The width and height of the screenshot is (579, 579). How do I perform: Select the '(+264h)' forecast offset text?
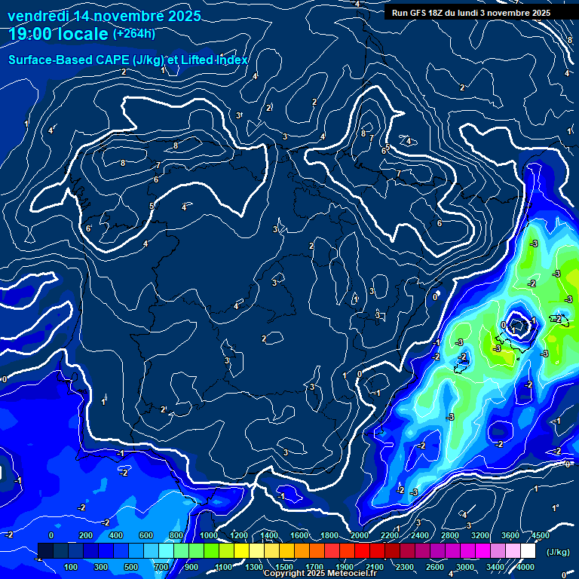(134, 33)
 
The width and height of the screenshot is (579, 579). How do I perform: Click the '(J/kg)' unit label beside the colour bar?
(558, 552)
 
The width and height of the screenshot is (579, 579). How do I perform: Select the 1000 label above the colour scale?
(209, 535)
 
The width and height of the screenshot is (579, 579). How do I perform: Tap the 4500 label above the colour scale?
(540, 535)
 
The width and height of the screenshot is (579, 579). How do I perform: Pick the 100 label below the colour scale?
(72, 567)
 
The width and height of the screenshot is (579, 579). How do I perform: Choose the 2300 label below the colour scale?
(405, 567)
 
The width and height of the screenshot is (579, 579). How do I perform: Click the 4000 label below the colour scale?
(525, 567)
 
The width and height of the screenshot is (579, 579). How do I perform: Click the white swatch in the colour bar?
(528, 551)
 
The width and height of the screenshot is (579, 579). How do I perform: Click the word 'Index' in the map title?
(233, 60)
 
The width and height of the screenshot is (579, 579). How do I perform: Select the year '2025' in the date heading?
(184, 16)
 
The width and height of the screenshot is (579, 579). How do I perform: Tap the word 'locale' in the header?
(84, 34)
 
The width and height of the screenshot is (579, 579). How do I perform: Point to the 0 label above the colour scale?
(51, 535)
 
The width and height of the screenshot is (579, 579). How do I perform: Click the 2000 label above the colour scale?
(360, 535)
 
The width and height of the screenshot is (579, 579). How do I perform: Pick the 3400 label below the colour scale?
(495, 567)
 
